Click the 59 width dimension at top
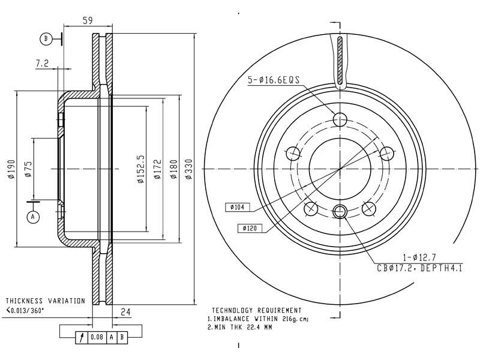(88, 20)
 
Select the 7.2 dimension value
(42, 64)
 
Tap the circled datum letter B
(46, 39)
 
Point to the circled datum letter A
(33, 217)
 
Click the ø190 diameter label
(11, 169)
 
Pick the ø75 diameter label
(28, 169)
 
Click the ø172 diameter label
(157, 169)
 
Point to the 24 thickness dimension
(125, 312)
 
